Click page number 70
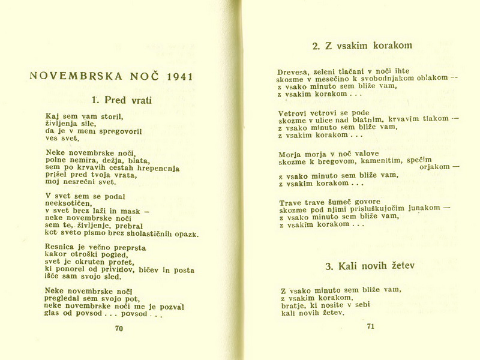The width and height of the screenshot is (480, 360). coord(119,328)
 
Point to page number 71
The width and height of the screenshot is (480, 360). coord(370,326)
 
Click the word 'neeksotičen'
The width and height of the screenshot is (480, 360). coord(69,203)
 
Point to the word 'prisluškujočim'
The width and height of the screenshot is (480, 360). coord(376,209)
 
